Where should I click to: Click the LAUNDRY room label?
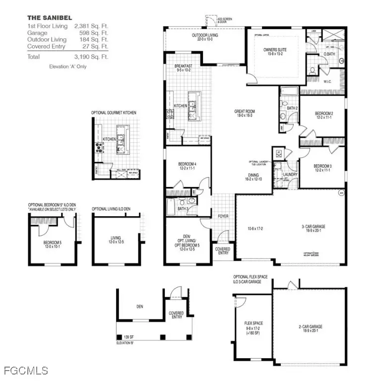click(x=290, y=175)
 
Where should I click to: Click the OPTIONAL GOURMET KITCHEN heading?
click(x=114, y=113)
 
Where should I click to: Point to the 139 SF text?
click(x=130, y=336)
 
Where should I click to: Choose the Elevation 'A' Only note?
click(x=67, y=66)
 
